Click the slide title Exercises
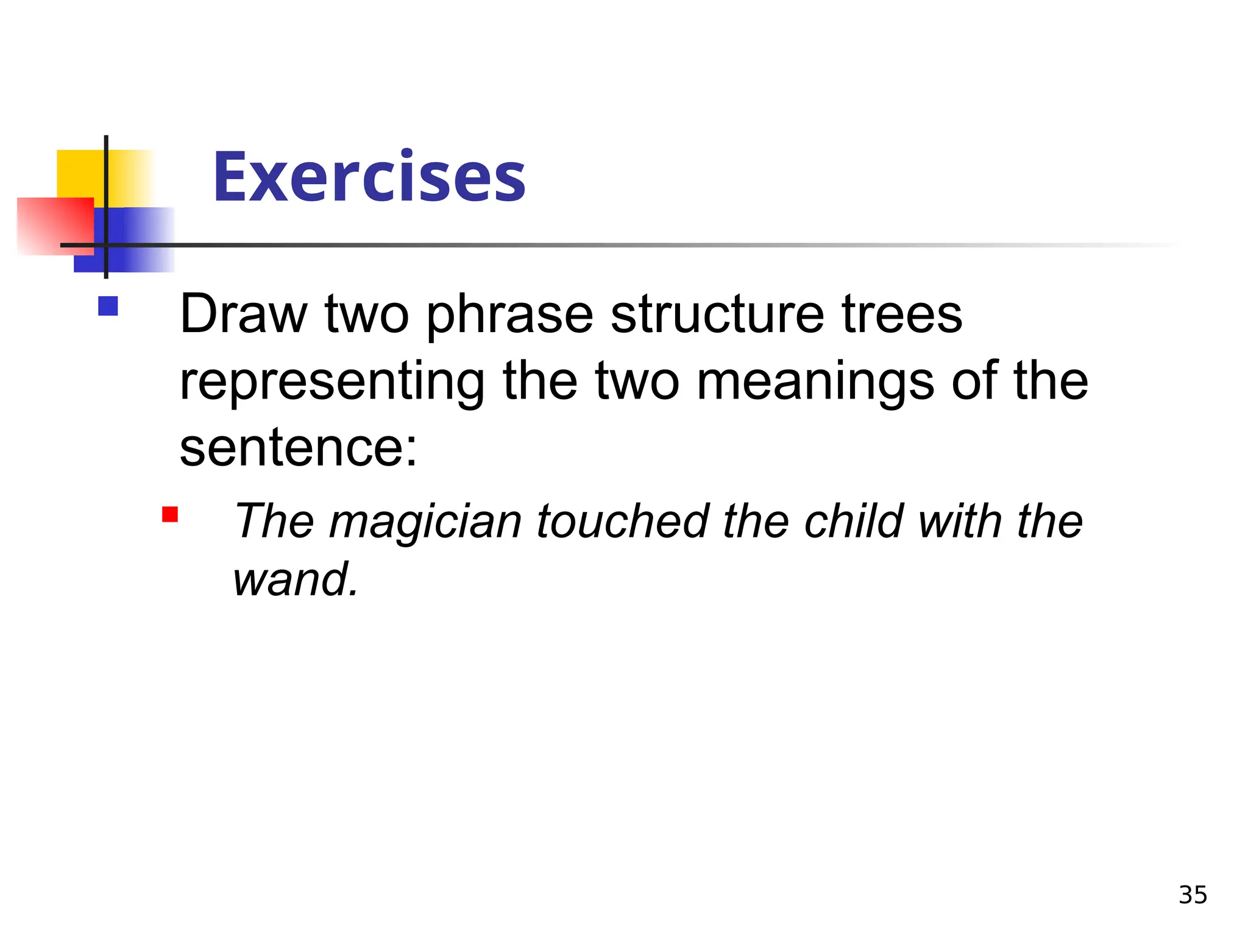(x=369, y=177)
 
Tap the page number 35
(x=1193, y=895)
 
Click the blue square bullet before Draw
(x=108, y=306)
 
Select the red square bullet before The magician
(x=170, y=515)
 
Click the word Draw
(x=244, y=314)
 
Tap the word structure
(x=717, y=314)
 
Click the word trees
(x=902, y=314)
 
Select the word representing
(x=332, y=383)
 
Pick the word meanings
(x=815, y=383)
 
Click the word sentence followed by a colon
(x=299, y=448)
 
